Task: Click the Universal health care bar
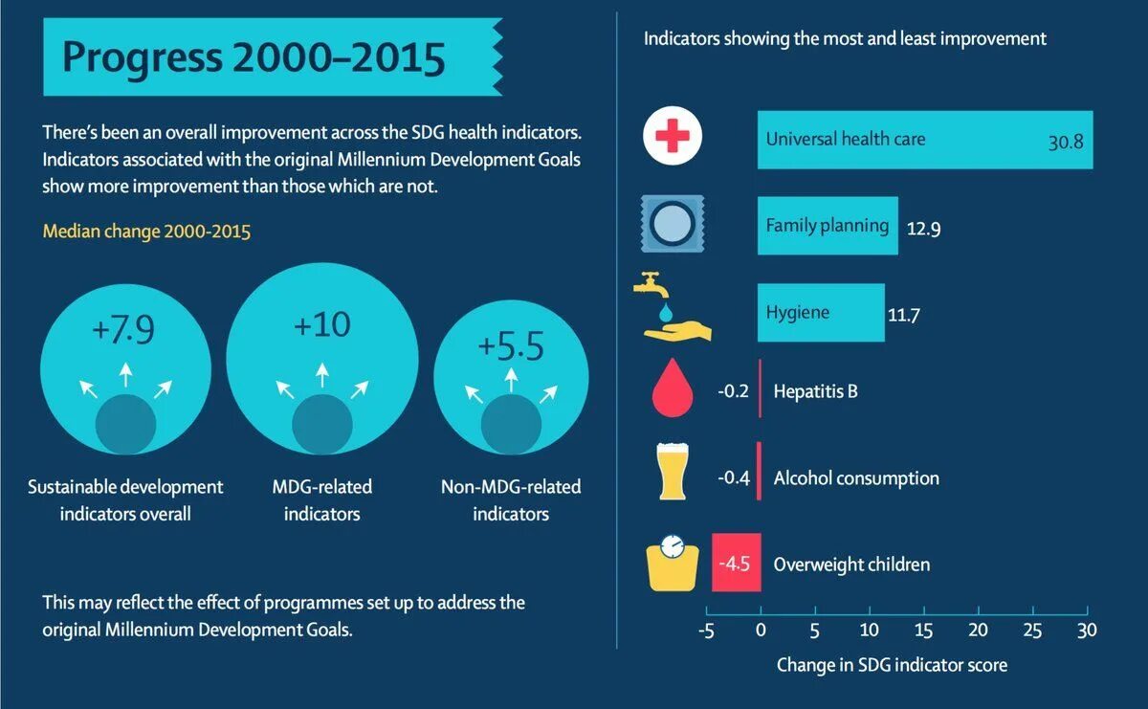click(x=924, y=140)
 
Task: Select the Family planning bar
click(x=828, y=226)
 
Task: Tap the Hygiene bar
click(x=821, y=313)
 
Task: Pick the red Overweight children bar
click(x=737, y=563)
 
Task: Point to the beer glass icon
click(x=673, y=472)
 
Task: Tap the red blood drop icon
click(x=673, y=388)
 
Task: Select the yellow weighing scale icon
click(x=673, y=563)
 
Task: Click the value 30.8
click(x=1065, y=143)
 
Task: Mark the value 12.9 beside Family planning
click(x=924, y=230)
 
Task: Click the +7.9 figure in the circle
click(x=122, y=330)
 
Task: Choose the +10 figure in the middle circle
click(x=321, y=325)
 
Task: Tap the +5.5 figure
click(x=510, y=345)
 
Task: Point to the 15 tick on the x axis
click(x=923, y=631)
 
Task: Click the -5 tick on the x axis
click(x=706, y=631)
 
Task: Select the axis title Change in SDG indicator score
click(x=892, y=664)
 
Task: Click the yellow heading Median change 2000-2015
click(x=146, y=232)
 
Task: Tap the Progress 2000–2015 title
click(x=254, y=57)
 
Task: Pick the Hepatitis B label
click(x=815, y=391)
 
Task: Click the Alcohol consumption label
click(x=856, y=478)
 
